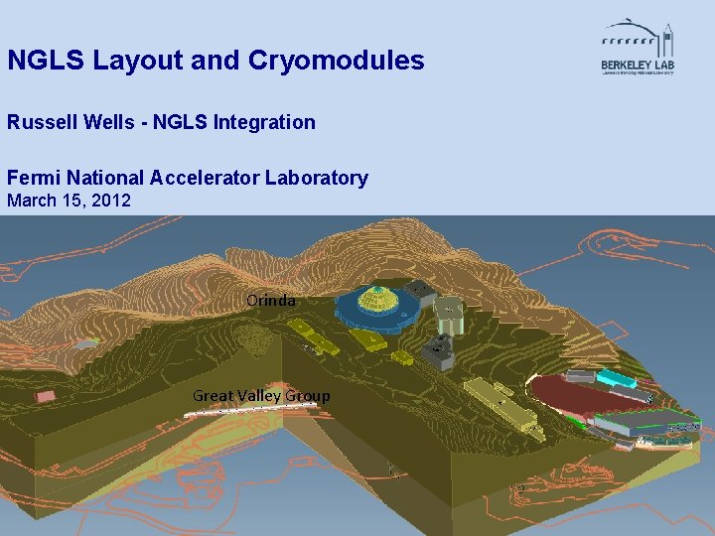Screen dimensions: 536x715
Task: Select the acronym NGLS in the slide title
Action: (46, 62)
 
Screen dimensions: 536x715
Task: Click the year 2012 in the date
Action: (112, 201)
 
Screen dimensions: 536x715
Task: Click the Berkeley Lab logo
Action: (638, 48)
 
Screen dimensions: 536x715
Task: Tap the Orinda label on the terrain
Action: (271, 300)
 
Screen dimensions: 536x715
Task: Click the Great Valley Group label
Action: (261, 396)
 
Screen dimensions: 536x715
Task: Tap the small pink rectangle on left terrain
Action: (46, 396)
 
